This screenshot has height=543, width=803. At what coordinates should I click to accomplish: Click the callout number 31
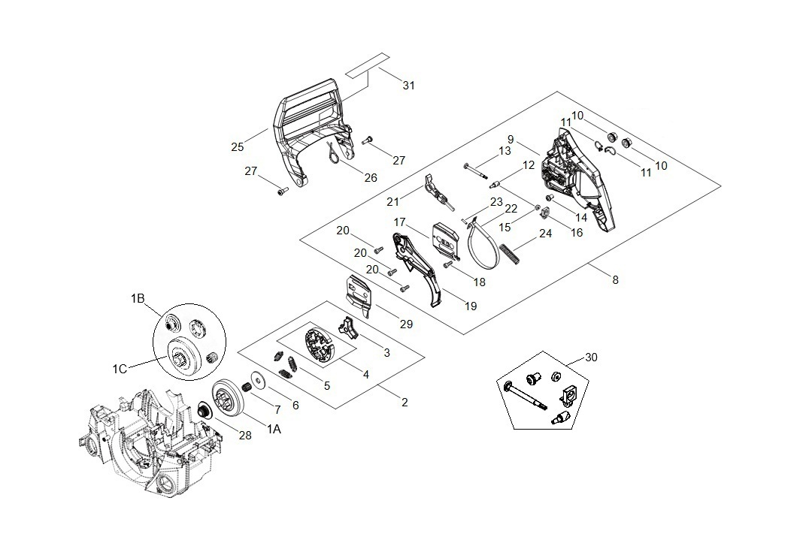point(408,86)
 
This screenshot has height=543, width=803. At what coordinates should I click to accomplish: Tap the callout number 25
point(238,147)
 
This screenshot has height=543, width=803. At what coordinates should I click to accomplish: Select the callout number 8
point(615,280)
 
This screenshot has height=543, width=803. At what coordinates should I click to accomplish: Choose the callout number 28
point(245,436)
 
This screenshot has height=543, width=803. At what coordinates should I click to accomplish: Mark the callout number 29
point(407,323)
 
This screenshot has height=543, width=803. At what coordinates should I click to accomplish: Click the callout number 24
point(545,234)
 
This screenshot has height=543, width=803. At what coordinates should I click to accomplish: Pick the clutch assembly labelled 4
point(319,349)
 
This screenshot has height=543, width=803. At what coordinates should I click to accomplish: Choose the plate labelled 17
point(444,240)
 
